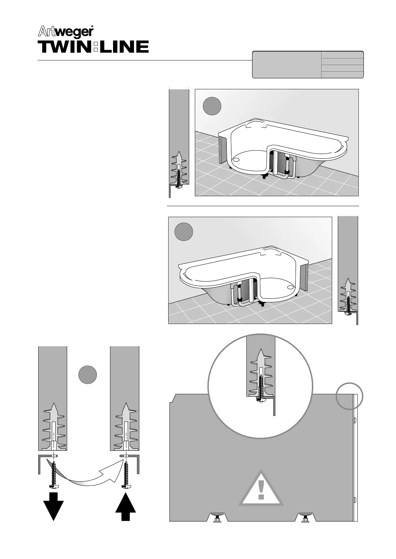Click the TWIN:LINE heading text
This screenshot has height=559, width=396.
pyautogui.click(x=93, y=47)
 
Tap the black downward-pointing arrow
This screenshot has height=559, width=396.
pyautogui.click(x=54, y=506)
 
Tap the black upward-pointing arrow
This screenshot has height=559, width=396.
pyautogui.click(x=126, y=506)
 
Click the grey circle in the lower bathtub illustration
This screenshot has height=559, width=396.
pyautogui.click(x=184, y=232)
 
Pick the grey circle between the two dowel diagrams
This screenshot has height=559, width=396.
pyautogui.click(x=88, y=375)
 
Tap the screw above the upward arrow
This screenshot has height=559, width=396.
pyautogui.click(x=126, y=473)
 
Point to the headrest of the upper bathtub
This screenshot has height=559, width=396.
pyautogui.click(x=255, y=124)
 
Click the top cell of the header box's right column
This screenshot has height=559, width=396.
pyautogui.click(x=342, y=55)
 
